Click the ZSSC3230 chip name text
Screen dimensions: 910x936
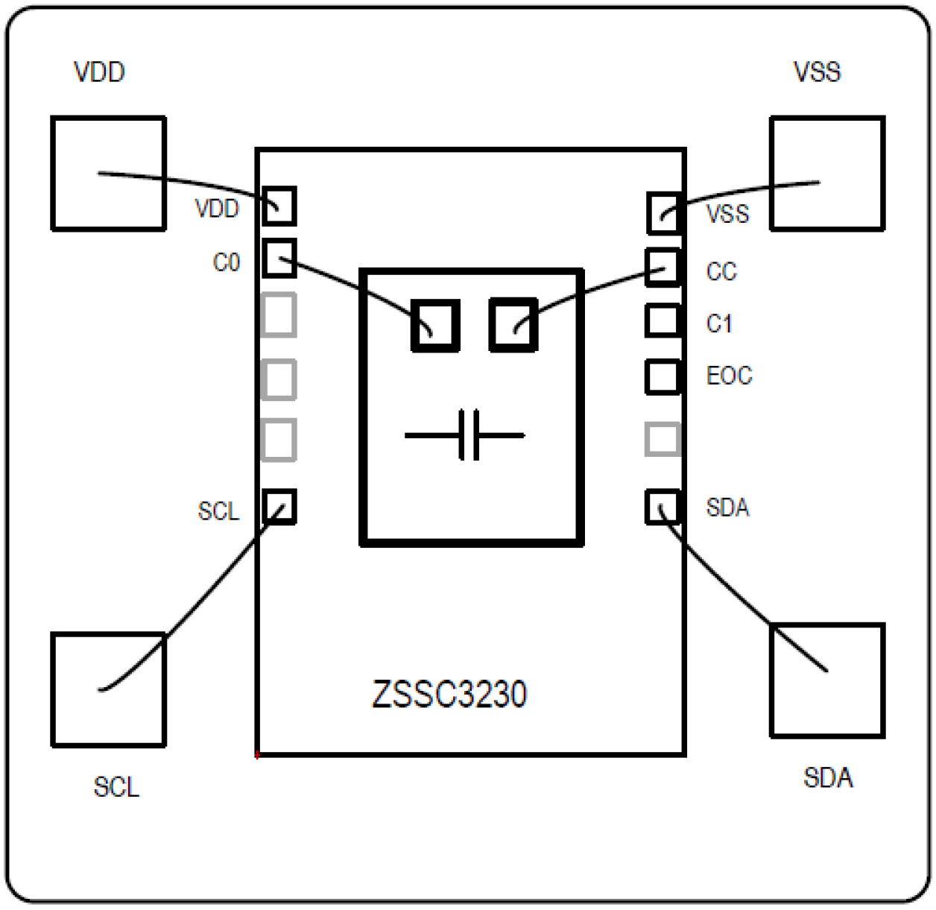tap(449, 695)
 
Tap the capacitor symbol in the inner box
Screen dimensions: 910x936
tap(465, 435)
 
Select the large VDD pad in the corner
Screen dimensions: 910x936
tap(108, 173)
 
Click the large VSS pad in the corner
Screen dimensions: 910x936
tap(827, 173)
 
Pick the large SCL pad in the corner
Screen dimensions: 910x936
tap(108, 689)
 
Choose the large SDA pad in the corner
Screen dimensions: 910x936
tap(827, 680)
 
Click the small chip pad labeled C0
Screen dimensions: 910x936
tap(279, 258)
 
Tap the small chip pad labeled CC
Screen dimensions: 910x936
tap(663, 268)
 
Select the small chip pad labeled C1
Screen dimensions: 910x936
tap(663, 320)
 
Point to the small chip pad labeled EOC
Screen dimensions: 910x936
tap(663, 376)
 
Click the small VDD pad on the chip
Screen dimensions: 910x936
tap(279, 206)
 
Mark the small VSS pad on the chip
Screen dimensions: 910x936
tap(663, 213)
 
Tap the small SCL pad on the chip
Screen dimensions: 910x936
tap(279, 507)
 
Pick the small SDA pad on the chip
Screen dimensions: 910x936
tap(663, 507)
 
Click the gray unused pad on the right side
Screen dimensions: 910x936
tap(663, 439)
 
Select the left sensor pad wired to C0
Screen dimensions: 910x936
tap(435, 325)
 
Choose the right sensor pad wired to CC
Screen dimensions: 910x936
tap(513, 324)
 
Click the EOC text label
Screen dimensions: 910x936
tap(729, 376)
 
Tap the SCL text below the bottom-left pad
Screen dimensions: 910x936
tap(116, 788)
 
